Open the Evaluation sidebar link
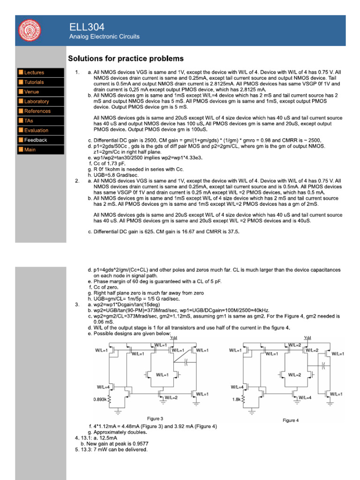click(36, 130)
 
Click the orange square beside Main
click(21, 150)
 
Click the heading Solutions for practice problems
click(126, 59)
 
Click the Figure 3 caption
click(155, 418)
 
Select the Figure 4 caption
click(291, 420)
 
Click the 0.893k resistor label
click(99, 400)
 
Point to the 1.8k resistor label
click(236, 400)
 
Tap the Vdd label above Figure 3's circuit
click(173, 337)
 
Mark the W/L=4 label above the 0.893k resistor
click(103, 387)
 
